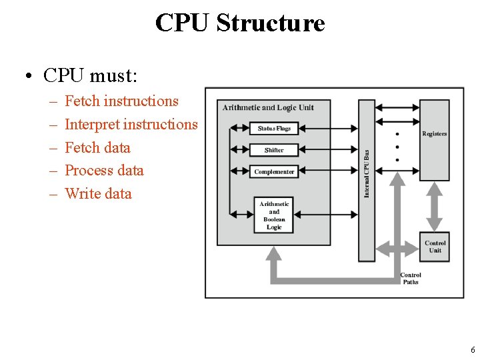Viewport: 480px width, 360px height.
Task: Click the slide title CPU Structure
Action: [240, 23]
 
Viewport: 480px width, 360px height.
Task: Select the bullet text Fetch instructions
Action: [121, 101]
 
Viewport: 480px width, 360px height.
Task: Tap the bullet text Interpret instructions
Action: [131, 125]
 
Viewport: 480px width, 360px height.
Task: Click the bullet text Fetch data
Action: [97, 148]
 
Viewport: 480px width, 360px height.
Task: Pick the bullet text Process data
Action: [104, 171]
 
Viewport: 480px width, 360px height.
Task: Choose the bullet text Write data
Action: [98, 194]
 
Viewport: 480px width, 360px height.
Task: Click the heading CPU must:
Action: [90, 75]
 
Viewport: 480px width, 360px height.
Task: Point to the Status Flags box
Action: [274, 129]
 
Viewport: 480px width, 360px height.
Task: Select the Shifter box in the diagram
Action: [274, 150]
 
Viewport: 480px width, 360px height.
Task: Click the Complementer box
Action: [274, 172]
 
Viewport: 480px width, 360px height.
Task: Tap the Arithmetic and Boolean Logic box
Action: [274, 215]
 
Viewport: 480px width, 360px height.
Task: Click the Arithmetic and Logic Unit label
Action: [268, 107]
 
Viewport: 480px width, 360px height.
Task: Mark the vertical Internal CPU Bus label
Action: [367, 173]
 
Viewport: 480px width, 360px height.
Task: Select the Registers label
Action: [435, 134]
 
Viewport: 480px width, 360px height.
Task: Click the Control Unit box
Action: [435, 247]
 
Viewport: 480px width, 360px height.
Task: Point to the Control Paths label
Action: [411, 279]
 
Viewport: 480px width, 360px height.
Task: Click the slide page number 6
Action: [473, 350]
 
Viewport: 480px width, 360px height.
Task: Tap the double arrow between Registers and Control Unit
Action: [435, 207]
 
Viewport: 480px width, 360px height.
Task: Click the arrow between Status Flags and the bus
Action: [329, 129]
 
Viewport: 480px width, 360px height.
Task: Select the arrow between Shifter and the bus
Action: [329, 150]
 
